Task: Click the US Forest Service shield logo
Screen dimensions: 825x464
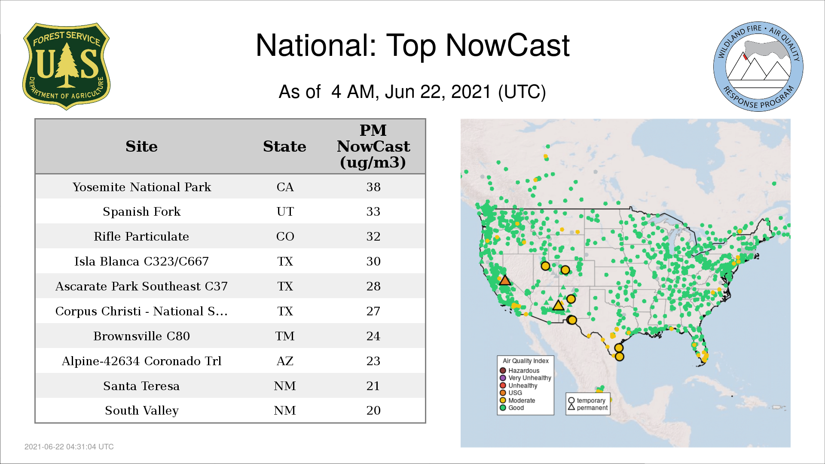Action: (66, 66)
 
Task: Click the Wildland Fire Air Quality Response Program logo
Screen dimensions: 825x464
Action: (758, 67)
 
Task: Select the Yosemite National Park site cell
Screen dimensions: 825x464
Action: (142, 187)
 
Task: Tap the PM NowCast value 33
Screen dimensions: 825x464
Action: (373, 211)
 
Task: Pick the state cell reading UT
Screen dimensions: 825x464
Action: (285, 211)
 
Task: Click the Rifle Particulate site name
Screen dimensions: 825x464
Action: (141, 236)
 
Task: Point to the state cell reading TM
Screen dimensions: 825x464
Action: (285, 336)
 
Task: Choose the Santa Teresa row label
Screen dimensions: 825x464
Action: (141, 386)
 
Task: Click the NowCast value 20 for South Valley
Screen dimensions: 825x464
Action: (373, 410)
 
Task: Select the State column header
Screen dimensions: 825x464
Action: (284, 147)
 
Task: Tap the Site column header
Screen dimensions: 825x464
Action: (141, 147)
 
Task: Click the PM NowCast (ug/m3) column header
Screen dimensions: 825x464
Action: (373, 146)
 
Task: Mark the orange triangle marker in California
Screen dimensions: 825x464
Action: (505, 280)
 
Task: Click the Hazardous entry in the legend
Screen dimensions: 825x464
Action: (519, 370)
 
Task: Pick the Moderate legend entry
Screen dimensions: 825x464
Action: (517, 400)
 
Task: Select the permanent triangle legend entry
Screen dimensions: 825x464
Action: (588, 408)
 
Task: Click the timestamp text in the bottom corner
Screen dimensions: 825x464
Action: (69, 447)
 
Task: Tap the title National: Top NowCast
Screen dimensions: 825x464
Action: (412, 45)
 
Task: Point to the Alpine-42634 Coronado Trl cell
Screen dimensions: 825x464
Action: (141, 361)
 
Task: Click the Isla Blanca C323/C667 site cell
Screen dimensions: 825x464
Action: (141, 261)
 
